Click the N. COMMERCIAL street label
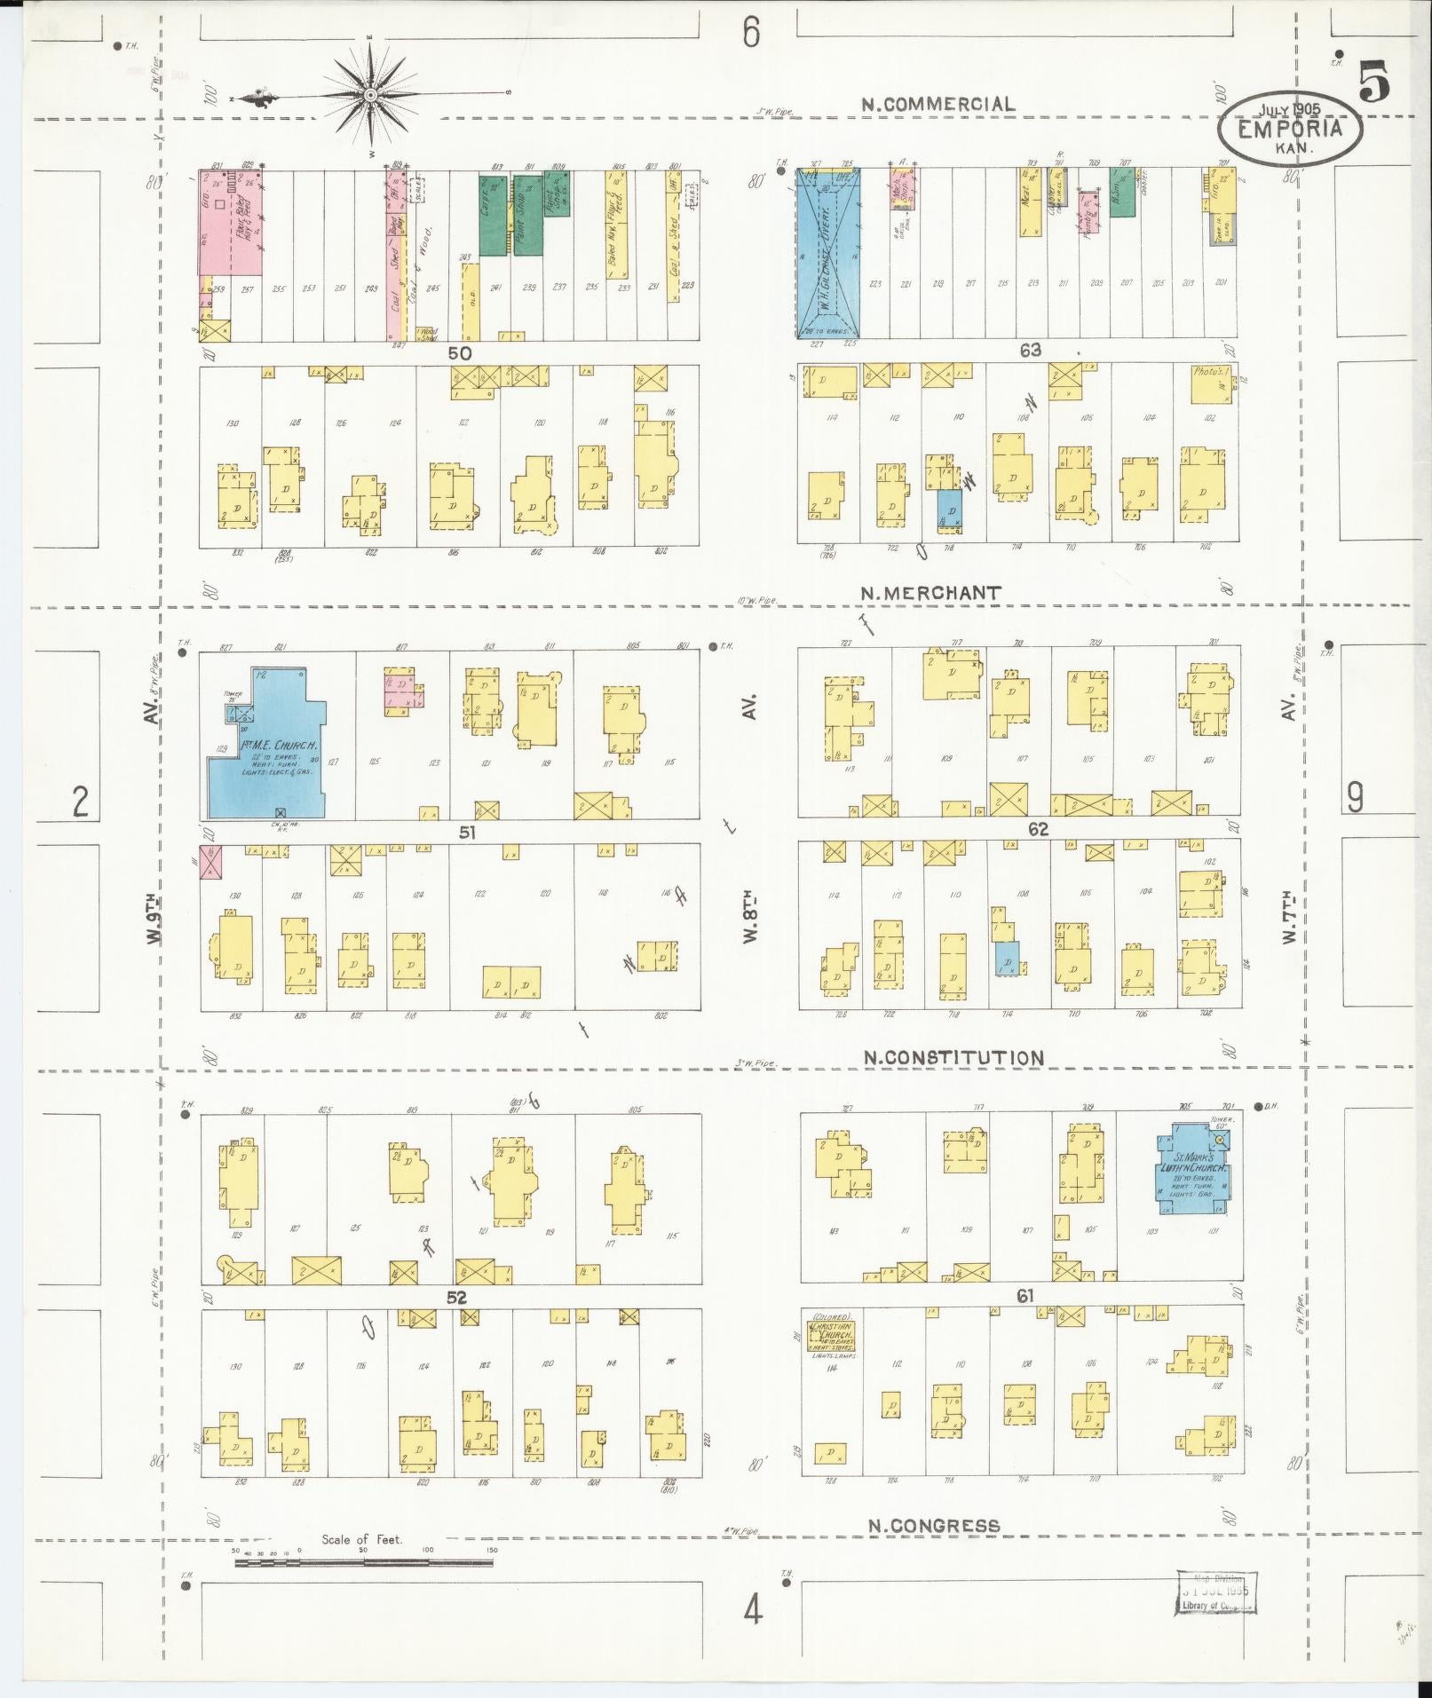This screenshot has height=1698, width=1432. tap(938, 104)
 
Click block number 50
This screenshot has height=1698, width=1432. tap(459, 352)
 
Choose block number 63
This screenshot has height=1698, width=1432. tap(1030, 351)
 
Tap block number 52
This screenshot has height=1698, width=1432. tap(456, 1298)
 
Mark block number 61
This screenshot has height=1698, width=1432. tap(1025, 1297)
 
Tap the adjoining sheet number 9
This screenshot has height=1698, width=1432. tap(1355, 798)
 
